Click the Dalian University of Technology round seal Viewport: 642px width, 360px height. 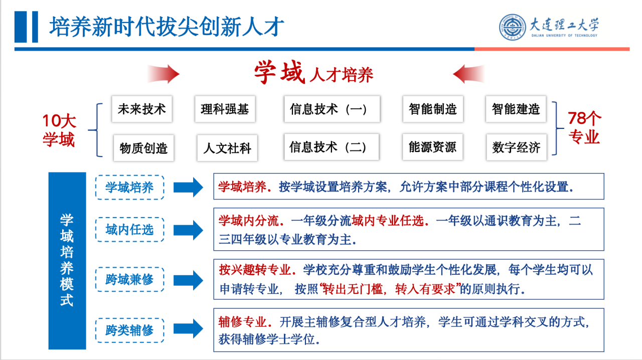click(513, 27)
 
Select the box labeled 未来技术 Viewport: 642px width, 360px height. click(142, 109)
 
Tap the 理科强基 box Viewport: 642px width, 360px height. click(225, 109)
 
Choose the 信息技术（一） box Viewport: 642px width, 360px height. click(332, 109)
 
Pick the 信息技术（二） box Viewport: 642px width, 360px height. click(332, 147)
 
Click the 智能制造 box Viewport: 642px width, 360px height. click(433, 109)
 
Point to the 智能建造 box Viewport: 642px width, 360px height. click(516, 109)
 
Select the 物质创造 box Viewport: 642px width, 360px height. click(143, 148)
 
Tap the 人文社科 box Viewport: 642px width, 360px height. click(227, 148)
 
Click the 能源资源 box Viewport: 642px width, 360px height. click(432, 147)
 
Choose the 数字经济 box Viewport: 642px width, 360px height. click(517, 147)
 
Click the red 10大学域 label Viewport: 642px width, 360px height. click(59, 130)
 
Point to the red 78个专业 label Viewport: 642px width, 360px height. click(584, 127)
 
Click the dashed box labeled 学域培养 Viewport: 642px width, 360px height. click(130, 188)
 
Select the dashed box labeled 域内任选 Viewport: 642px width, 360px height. click(130, 230)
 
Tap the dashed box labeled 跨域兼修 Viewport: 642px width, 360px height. click(130, 279)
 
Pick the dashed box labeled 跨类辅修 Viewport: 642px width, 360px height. click(130, 330)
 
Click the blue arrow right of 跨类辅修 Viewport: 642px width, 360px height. click(188, 328)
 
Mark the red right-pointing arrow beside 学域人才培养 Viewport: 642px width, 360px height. click(164, 74)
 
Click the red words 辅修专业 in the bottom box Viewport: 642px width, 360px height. click(242, 322)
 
